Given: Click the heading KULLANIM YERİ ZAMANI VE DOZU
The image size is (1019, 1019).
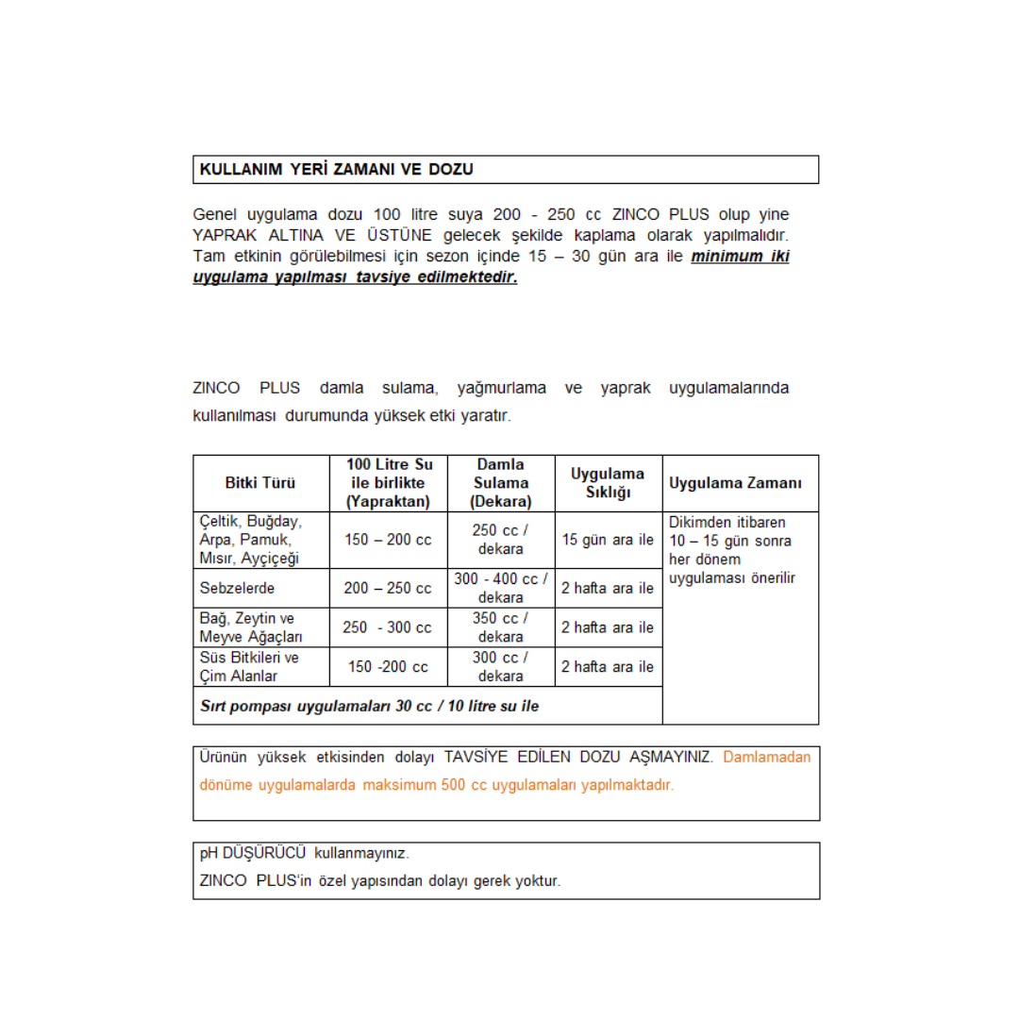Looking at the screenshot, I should pos(336,170).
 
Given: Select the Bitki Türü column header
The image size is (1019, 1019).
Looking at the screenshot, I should pos(259,483).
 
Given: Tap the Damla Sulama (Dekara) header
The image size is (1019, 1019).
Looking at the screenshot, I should pos(501,483).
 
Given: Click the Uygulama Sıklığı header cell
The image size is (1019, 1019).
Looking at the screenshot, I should pos(608,483).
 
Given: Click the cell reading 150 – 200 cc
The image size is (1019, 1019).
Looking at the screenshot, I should pos(388,540).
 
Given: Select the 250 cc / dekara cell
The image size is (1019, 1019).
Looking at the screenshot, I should pos(501,540).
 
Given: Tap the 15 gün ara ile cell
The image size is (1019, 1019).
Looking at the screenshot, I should pos(608,540).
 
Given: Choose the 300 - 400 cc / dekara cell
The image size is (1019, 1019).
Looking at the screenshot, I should pos(501,588).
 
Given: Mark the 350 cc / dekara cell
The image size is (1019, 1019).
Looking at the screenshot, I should pos(501,627).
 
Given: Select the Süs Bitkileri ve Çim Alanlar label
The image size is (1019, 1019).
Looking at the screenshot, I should pos(249,667).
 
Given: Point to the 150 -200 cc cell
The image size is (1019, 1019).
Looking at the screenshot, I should pos(388,667).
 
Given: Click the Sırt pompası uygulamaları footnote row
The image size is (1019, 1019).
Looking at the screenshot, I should pos(370,705).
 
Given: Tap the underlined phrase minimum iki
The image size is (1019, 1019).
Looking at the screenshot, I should pos(740,258).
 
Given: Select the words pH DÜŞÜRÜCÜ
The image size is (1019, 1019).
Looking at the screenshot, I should pos(253,853).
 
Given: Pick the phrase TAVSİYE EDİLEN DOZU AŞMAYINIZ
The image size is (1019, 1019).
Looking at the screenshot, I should pos(579,757).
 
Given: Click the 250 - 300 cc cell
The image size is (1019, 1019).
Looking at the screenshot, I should pos(388,627).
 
